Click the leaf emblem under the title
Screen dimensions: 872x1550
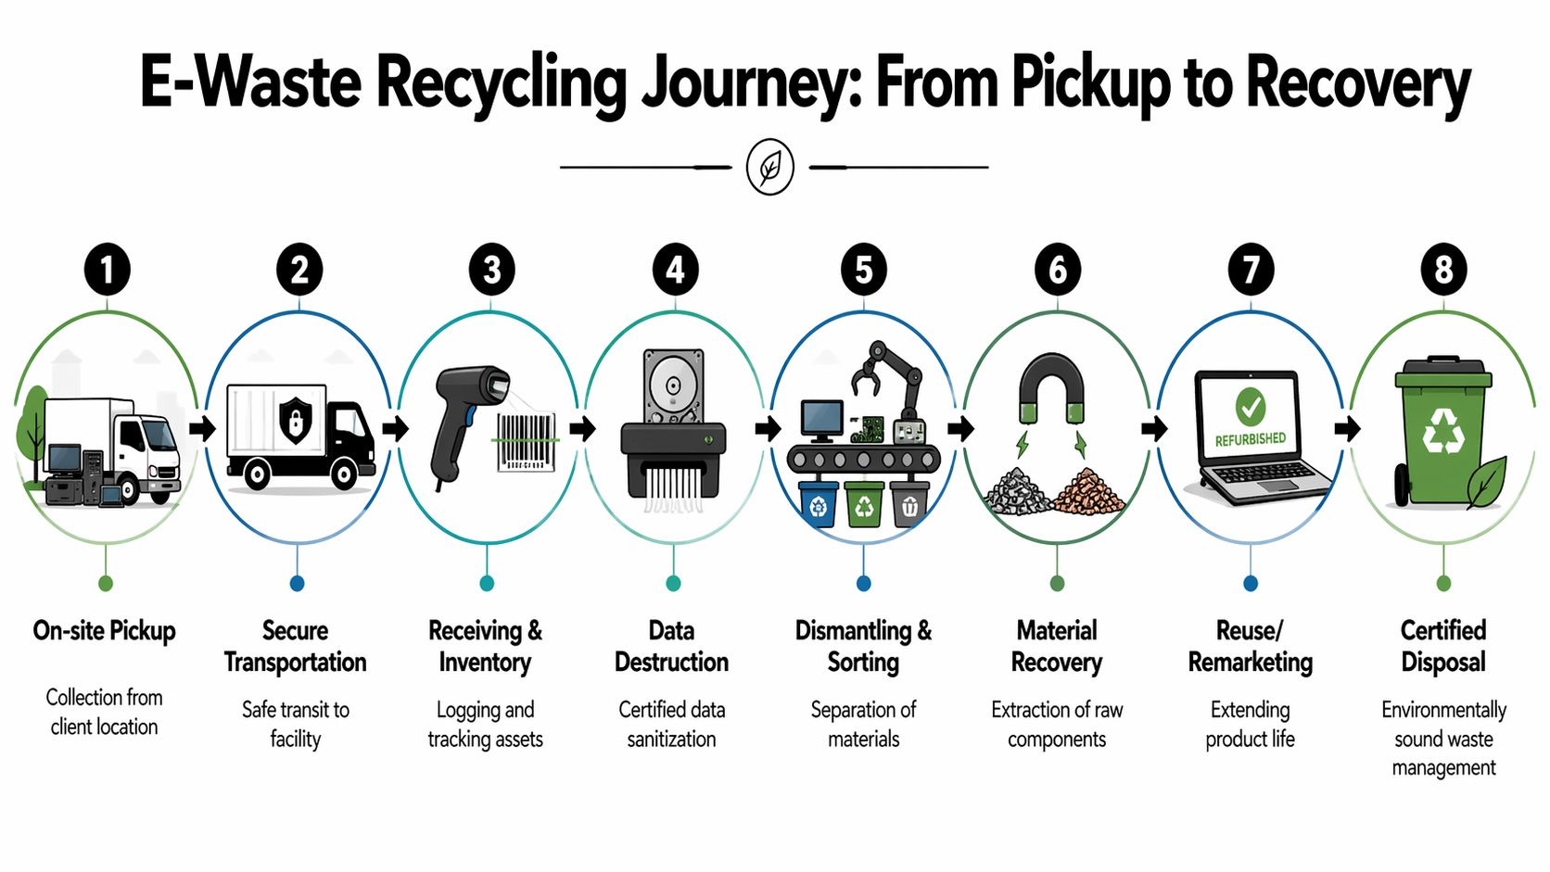coord(769,167)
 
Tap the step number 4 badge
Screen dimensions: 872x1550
coord(675,270)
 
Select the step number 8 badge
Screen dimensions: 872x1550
coord(1443,270)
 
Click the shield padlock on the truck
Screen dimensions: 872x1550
coord(295,420)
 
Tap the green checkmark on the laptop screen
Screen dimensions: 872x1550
coord(1250,406)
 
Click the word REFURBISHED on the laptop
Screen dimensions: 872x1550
coord(1250,439)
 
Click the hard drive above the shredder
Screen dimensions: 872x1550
coord(673,385)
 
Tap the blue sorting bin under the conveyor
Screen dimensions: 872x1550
coord(818,505)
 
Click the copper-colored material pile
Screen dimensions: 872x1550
coord(1089,492)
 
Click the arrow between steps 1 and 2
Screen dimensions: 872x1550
coord(202,429)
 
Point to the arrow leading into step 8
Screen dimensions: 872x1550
coord(1347,429)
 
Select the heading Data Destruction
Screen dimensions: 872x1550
coord(671,646)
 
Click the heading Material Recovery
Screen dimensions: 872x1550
coord(1056,646)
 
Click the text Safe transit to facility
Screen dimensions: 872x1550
coord(295,724)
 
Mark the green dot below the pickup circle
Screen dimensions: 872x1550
coord(106,583)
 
